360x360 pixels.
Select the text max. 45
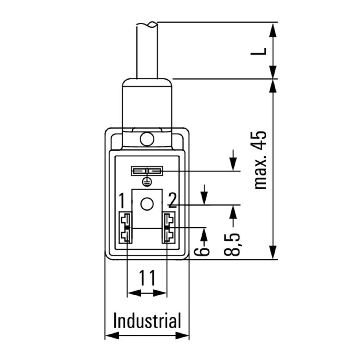(x=260, y=160)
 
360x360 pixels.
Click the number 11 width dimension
(x=147, y=279)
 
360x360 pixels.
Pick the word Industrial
(x=147, y=321)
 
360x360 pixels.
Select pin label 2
(x=172, y=199)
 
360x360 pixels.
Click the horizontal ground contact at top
(x=146, y=171)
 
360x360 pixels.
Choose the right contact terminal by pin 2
(x=169, y=228)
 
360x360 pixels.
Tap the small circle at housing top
(x=146, y=139)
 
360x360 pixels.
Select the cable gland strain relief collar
(x=147, y=103)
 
